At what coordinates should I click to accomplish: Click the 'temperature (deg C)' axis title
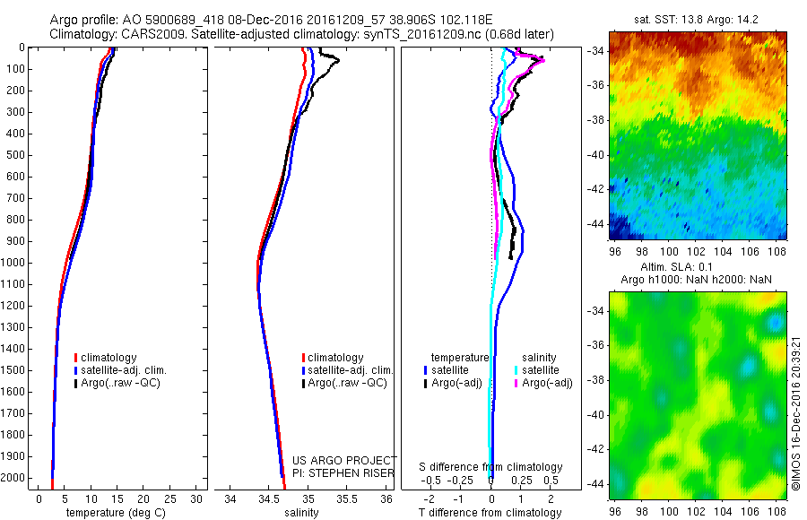point(112,513)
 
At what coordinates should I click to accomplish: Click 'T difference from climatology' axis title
point(490,513)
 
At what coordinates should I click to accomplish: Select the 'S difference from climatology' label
point(490,467)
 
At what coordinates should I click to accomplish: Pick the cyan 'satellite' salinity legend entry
point(541,369)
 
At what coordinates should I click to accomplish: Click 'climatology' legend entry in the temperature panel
point(110,358)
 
